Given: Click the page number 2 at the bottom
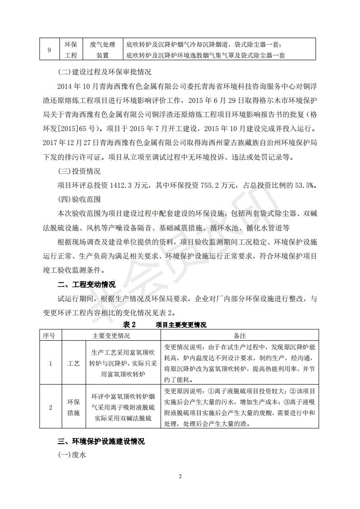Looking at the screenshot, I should tap(180, 476).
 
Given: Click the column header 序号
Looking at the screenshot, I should tap(49, 336).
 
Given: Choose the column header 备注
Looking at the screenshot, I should tap(240, 336).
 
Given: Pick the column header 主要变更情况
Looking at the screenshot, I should tap(111, 336).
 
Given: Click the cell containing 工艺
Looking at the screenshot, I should tap(73, 363).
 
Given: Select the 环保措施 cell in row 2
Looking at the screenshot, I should tap(73, 407).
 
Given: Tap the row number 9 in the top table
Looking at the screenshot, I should tap(49, 50).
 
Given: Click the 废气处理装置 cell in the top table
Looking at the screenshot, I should tap(103, 50).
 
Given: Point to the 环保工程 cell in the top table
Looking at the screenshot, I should tap(71, 50).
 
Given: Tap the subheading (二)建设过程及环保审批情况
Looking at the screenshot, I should tap(106, 73).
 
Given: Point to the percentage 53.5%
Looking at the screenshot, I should tap(307, 185).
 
